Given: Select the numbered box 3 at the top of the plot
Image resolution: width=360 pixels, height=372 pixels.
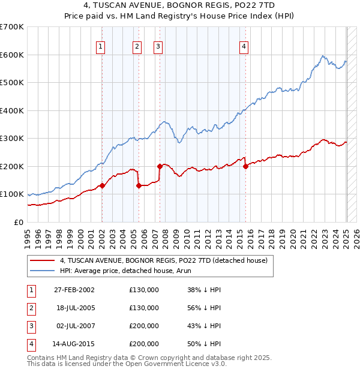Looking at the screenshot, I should (x=157, y=47).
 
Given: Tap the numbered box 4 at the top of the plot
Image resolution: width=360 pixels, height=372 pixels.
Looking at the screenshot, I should (x=244, y=47).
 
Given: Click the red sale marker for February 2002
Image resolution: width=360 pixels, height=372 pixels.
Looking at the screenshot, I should (x=103, y=185).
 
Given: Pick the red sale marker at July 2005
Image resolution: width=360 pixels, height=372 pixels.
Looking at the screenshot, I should (x=139, y=185).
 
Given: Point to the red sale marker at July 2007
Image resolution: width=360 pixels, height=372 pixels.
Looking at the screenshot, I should (x=160, y=166).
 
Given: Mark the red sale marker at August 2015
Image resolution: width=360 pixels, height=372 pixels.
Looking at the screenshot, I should (x=246, y=166).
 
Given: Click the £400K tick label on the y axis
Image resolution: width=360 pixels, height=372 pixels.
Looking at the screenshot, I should (x=11, y=110).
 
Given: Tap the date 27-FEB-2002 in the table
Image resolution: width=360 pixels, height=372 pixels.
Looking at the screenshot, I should (x=74, y=290).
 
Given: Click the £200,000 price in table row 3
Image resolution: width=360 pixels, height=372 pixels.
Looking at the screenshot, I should (x=144, y=326).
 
